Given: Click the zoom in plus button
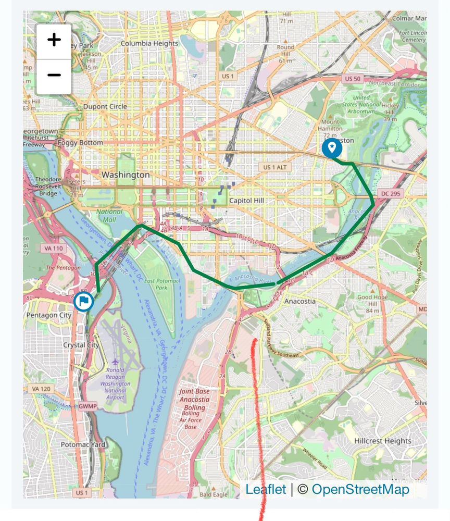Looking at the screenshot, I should tap(54, 40).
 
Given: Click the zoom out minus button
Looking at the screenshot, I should tap(54, 76).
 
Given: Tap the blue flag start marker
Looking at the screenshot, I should tap(83, 301).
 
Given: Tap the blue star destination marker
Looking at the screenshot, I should tap(332, 148).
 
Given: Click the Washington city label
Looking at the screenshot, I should tap(126, 175).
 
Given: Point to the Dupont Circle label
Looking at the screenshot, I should tap(105, 107).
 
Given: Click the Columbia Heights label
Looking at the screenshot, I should tap(150, 43).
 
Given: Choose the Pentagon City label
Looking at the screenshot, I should tap(49, 315).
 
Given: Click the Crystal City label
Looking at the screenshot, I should tap(81, 345).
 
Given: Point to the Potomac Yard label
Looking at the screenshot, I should tap(83, 444).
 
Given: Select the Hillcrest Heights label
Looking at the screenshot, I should tap(383, 441).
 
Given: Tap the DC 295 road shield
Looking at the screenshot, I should tap(392, 193).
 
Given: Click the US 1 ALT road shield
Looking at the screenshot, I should tap(276, 167).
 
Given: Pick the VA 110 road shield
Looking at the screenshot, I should tap(54, 249).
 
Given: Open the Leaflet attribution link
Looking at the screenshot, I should tap(266, 489).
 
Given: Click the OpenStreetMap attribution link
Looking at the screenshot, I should tap(360, 489).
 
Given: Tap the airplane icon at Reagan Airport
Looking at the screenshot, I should tap(115, 361).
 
